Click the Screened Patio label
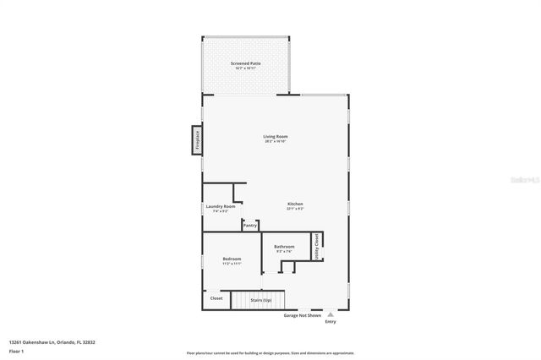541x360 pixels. coord(245,63)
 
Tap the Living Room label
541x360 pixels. coord(276,136)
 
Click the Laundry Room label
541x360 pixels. coord(220,206)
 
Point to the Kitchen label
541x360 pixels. coord(295,204)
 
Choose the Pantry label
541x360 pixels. coord(250,226)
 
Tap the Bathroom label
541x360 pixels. coord(284,247)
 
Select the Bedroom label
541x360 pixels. coord(232,259)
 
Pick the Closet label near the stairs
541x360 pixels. coord(216,298)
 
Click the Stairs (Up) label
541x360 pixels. coord(261,300)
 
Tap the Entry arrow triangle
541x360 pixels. coord(331,314)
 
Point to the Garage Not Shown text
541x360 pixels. coord(302,315)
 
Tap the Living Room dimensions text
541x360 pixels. coord(276,141)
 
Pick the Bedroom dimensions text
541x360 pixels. coord(232,264)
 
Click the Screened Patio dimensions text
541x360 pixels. coord(245,68)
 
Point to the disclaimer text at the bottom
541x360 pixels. coord(270,352)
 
